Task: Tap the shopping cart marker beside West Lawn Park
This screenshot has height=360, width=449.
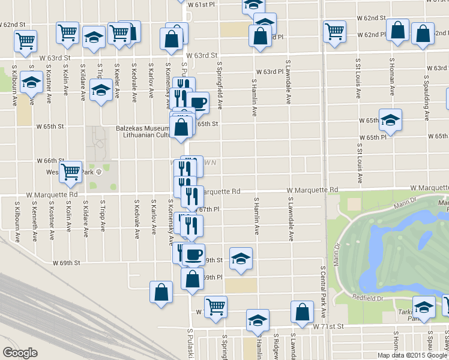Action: coord(71,172)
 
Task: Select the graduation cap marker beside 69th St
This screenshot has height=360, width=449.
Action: coord(241,258)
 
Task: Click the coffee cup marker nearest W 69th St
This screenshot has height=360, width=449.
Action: coord(193,254)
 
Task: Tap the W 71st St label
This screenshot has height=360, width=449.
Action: coord(327,326)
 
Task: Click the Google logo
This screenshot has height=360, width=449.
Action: coord(20,353)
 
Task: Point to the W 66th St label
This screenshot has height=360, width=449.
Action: coord(50,161)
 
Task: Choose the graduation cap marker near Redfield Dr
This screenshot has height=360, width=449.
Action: coord(424,308)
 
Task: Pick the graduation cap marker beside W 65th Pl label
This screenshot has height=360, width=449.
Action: coord(390,120)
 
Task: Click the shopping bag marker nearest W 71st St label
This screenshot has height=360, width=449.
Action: coord(302,311)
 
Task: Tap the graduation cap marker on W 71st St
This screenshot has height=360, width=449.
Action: coord(258,320)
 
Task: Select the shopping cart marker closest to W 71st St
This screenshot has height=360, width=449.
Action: coord(215,306)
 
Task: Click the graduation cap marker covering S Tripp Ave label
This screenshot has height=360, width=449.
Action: coord(100,90)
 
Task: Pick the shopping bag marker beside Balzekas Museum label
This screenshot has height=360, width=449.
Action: coord(181,127)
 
